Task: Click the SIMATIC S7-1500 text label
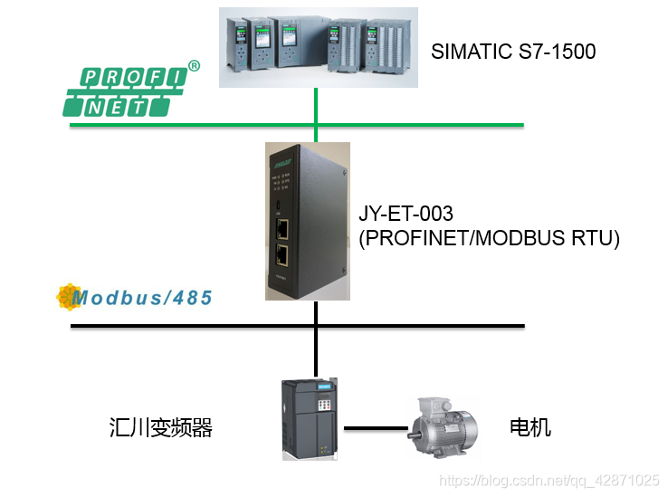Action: pos(513,52)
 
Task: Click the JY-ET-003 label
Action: pos(406,215)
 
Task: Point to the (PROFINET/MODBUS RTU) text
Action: pos(489,238)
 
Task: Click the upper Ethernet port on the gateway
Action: pos(282,228)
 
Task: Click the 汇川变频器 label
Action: pos(160,427)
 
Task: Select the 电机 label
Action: pos(530,427)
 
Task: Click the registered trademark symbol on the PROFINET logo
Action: pos(194,65)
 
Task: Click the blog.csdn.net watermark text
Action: pos(549,480)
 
